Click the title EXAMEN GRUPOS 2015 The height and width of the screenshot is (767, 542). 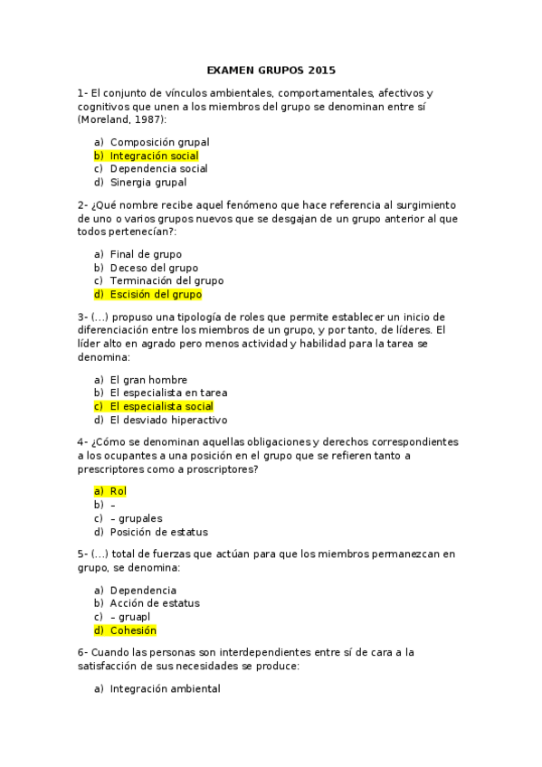[271, 69]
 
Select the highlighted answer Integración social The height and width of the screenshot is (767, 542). [154, 156]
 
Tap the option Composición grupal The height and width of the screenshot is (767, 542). [159, 142]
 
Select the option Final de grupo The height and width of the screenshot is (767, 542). [146, 254]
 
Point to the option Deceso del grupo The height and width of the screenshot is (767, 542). [154, 268]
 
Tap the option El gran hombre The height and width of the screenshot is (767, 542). [148, 380]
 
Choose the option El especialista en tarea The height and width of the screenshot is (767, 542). [168, 393]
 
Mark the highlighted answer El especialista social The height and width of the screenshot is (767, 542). [161, 406]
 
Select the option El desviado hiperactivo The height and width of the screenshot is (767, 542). [168, 420]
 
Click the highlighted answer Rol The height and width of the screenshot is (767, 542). [118, 490]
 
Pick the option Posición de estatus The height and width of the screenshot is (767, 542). [158, 531]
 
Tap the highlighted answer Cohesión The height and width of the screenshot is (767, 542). [133, 630]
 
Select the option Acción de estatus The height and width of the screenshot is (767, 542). [155, 602]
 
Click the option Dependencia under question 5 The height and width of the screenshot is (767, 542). [143, 590]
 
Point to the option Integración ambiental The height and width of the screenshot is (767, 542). [165, 688]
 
